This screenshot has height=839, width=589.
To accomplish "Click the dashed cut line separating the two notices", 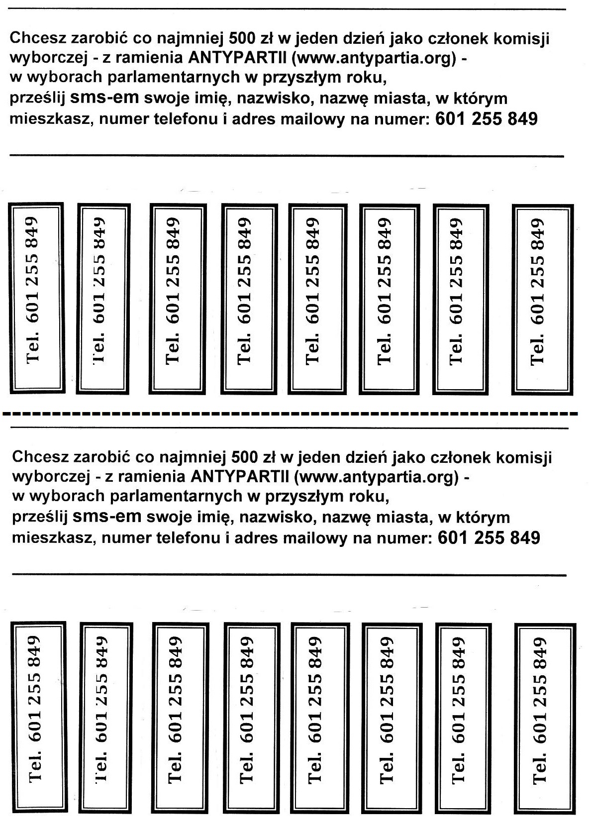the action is pyautogui.click(x=290, y=414).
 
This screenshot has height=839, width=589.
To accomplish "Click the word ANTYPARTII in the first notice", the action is pyautogui.click(x=237, y=58).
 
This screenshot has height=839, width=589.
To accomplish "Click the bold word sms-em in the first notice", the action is pyautogui.click(x=104, y=98).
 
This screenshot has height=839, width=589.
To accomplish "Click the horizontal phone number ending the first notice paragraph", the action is pyautogui.click(x=487, y=119).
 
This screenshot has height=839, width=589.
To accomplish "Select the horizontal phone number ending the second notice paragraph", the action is pyautogui.click(x=489, y=537).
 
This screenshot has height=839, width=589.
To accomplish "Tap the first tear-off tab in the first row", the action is pyautogui.click(x=36, y=298).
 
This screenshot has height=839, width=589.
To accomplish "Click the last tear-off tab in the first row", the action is pyautogui.click(x=542, y=299).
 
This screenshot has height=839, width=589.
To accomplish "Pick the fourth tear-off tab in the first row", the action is pyautogui.click(x=249, y=299).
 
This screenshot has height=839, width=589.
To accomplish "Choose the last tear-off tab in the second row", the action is pyautogui.click(x=545, y=718).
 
